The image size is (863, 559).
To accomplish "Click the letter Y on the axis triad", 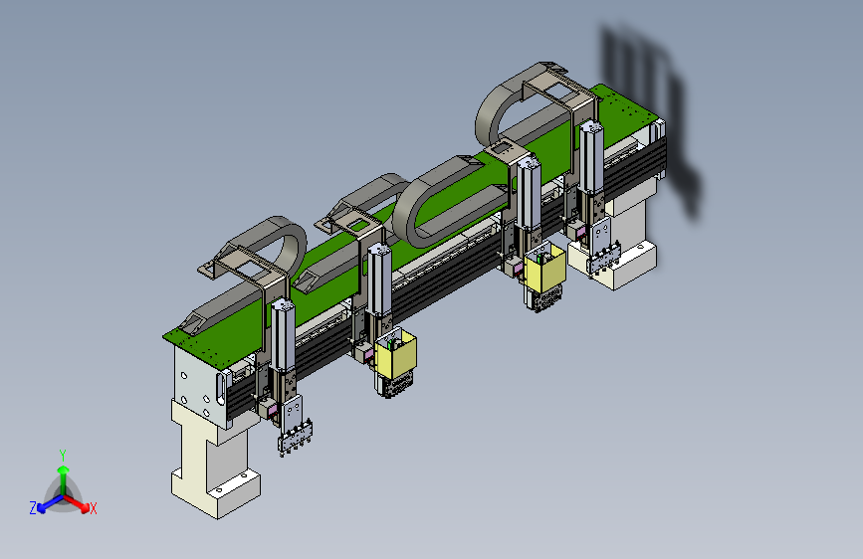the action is [x=63, y=456].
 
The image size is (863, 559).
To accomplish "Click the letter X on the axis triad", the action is [x=94, y=508].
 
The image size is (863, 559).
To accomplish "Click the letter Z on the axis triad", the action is [x=33, y=508].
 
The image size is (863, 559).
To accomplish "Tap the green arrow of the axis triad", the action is [x=64, y=478].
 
